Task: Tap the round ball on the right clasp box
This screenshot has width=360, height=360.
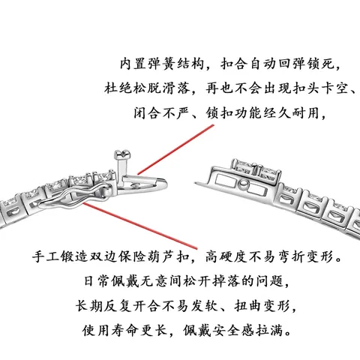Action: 243,185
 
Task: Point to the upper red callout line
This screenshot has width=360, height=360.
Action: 175,149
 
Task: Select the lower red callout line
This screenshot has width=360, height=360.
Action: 140,226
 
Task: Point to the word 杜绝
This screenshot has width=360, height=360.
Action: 118,88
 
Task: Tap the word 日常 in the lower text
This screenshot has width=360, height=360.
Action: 96,281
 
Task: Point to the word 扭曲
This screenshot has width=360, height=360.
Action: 247,305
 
